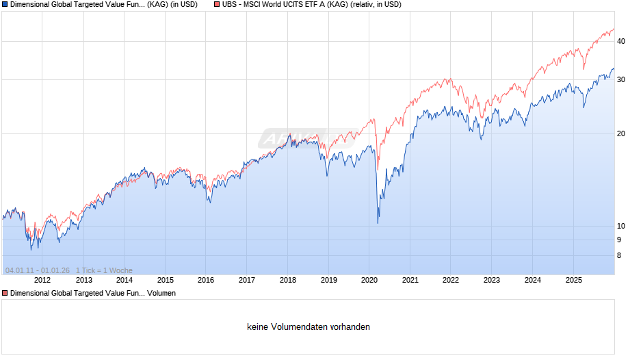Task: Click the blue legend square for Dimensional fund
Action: (5, 4)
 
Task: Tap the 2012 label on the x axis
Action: (42, 280)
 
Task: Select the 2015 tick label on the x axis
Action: (165, 280)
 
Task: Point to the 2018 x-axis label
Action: (288, 280)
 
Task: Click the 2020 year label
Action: (369, 280)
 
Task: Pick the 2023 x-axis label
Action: (492, 280)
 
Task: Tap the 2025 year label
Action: (574, 280)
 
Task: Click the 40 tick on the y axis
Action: (621, 41)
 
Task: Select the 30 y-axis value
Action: (621, 79)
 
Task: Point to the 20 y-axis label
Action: (621, 133)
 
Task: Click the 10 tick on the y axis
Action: (621, 226)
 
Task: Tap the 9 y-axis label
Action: (619, 240)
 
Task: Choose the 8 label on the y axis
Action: (619, 256)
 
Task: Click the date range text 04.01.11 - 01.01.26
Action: (38, 270)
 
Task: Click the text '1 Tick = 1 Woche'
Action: (105, 270)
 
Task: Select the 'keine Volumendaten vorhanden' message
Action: (309, 327)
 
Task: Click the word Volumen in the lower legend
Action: (162, 293)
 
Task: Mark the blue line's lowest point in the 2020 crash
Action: (378, 223)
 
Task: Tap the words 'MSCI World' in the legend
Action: (269, 4)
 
